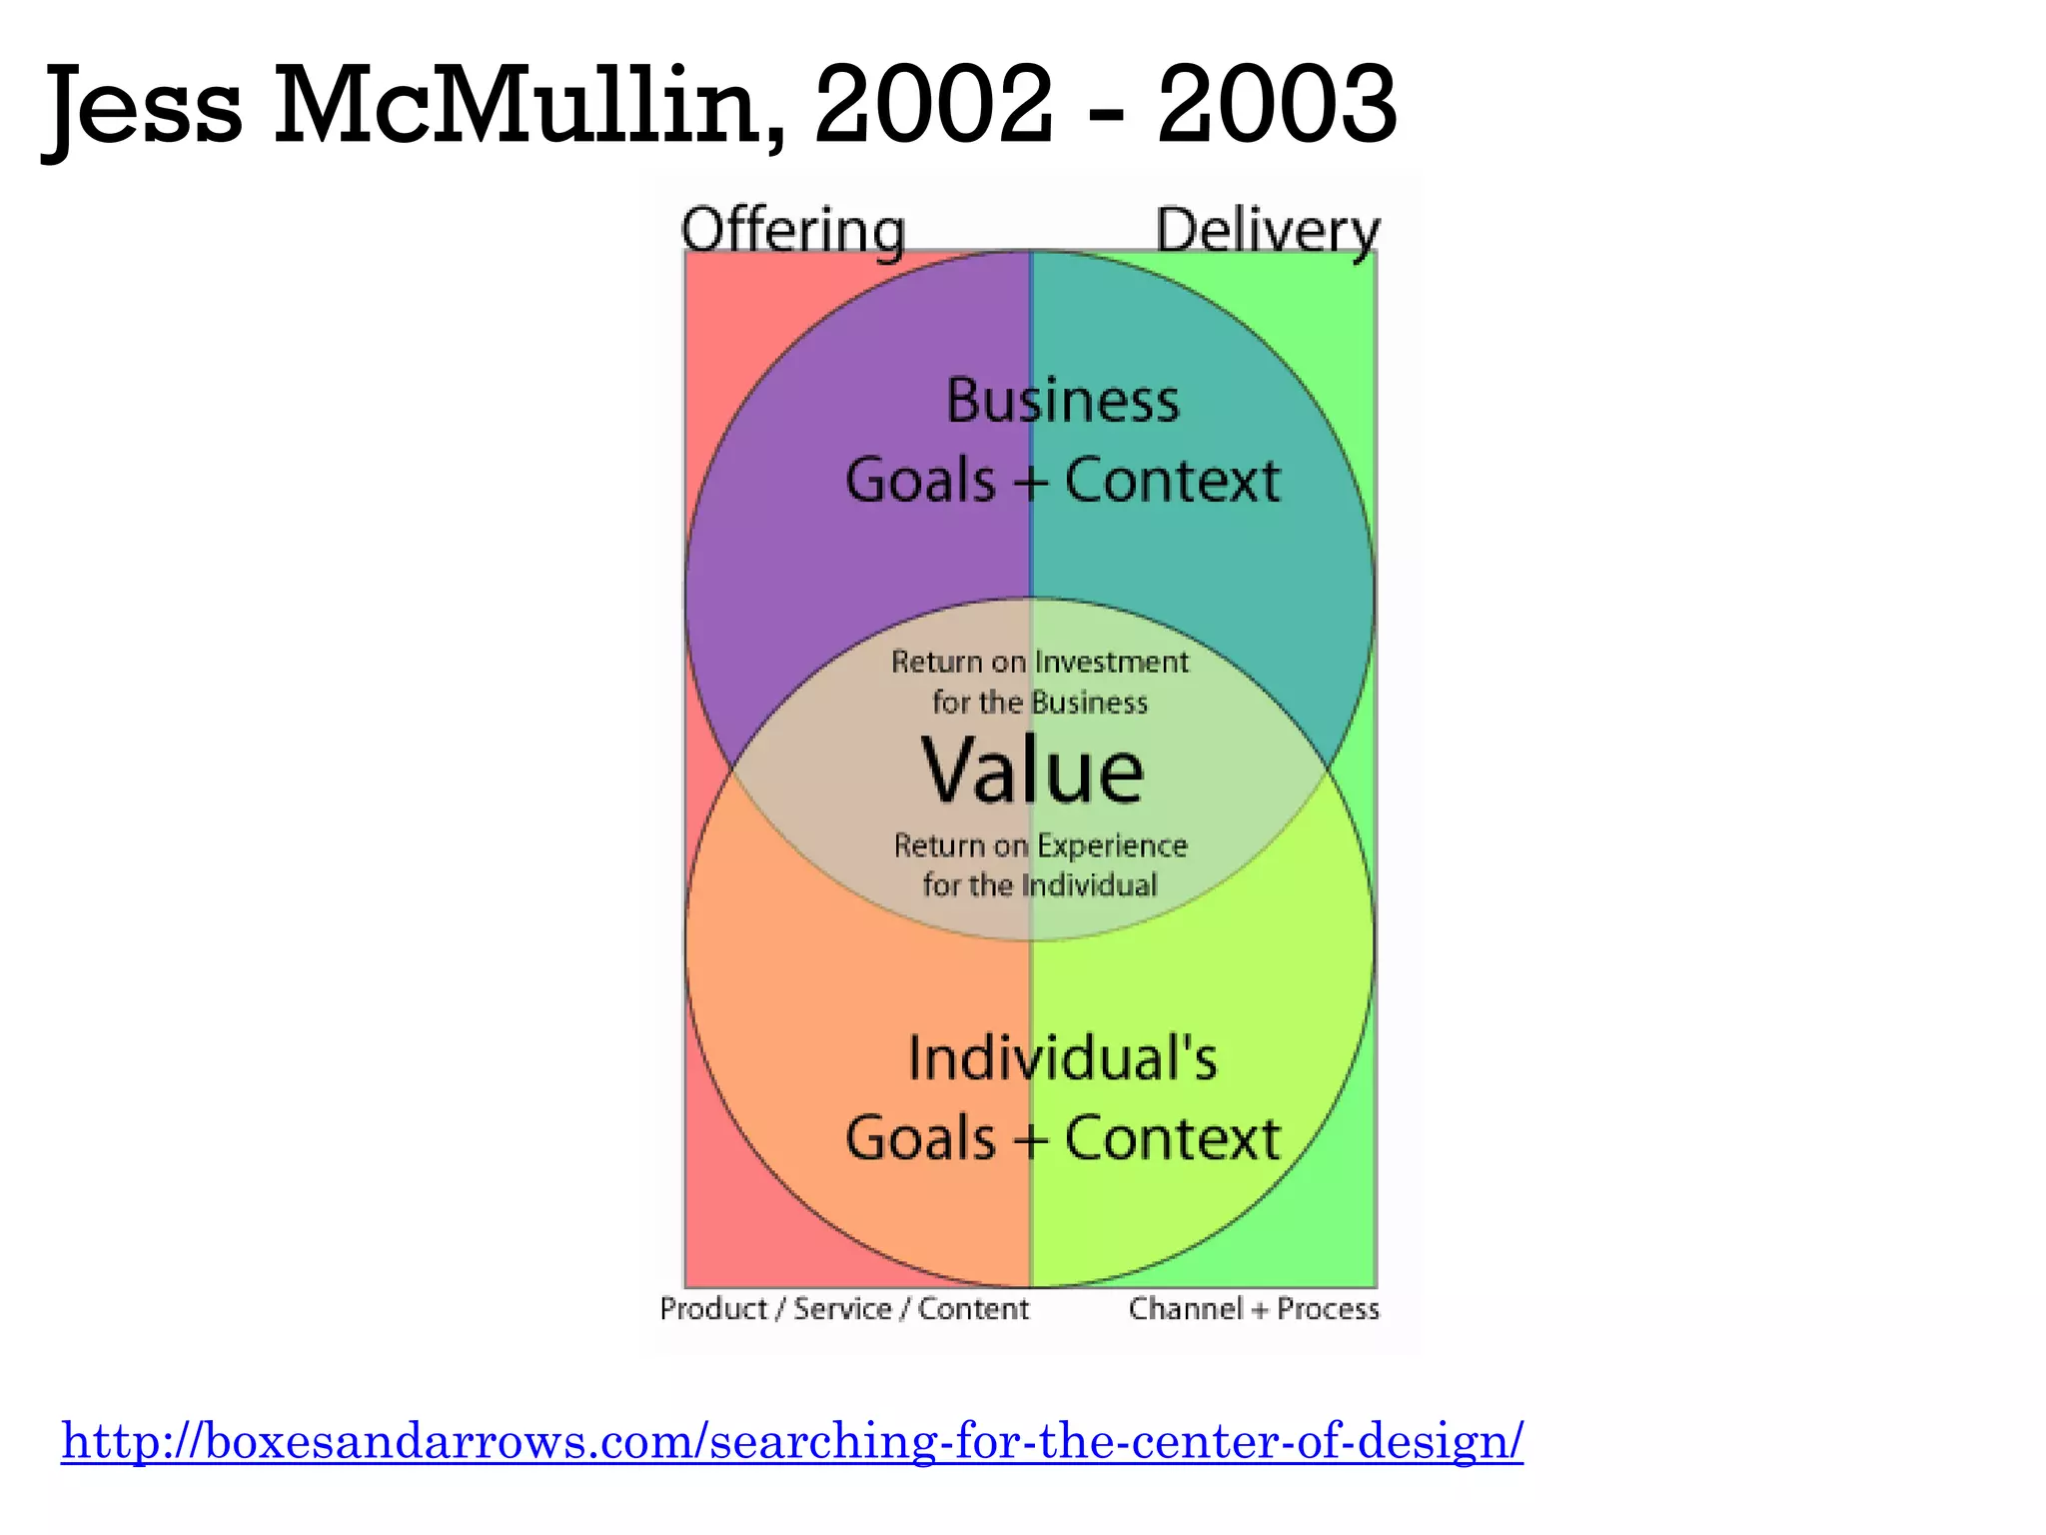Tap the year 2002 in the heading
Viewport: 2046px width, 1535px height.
point(933,104)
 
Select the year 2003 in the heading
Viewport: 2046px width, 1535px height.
point(1276,104)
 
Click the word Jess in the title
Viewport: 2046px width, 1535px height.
point(146,106)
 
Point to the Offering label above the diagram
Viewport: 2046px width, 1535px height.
point(793,231)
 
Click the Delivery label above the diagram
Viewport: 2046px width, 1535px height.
point(1267,231)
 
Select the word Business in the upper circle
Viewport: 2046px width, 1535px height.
point(1063,401)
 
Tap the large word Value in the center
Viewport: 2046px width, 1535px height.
point(1032,770)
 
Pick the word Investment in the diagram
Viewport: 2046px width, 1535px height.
point(1112,662)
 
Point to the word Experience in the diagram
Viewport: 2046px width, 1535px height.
point(1112,845)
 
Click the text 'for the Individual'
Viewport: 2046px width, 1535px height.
point(1039,885)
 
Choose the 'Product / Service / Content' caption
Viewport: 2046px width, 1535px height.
point(844,1308)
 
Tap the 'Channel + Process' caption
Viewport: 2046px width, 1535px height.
point(1254,1308)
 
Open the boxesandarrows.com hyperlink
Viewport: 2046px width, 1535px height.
point(792,1441)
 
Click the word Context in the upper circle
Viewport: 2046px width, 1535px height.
point(1172,481)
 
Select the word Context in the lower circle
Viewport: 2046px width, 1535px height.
point(1172,1138)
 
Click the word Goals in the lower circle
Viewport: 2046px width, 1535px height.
point(920,1138)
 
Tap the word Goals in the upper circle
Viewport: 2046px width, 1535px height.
point(920,481)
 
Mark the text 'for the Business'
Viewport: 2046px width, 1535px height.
point(1040,703)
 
